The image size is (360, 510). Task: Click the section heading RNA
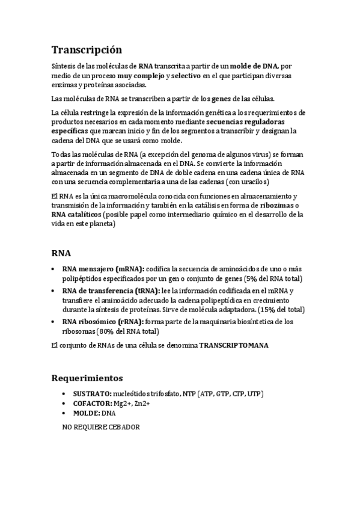click(x=61, y=253)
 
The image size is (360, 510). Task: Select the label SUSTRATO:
click(x=82, y=393)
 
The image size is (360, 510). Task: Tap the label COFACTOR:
click(x=83, y=403)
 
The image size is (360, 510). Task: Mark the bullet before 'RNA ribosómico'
click(x=54, y=322)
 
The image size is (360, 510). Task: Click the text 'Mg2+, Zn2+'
click(x=132, y=403)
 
